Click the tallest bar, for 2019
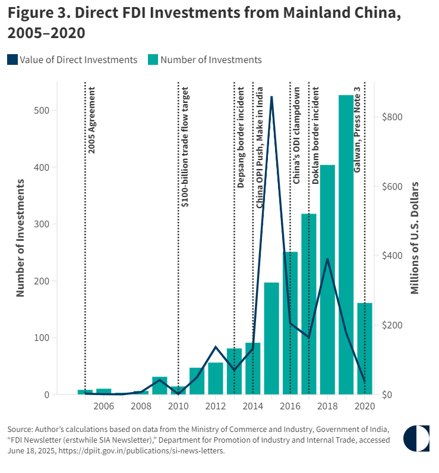click(346, 244)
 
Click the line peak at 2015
click(271, 97)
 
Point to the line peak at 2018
click(327, 259)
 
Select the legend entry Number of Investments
click(204, 59)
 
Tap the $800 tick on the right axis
click(391, 117)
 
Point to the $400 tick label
click(391, 256)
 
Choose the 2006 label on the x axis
click(104, 406)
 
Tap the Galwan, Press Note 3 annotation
click(358, 130)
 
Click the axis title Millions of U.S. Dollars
click(415, 238)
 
